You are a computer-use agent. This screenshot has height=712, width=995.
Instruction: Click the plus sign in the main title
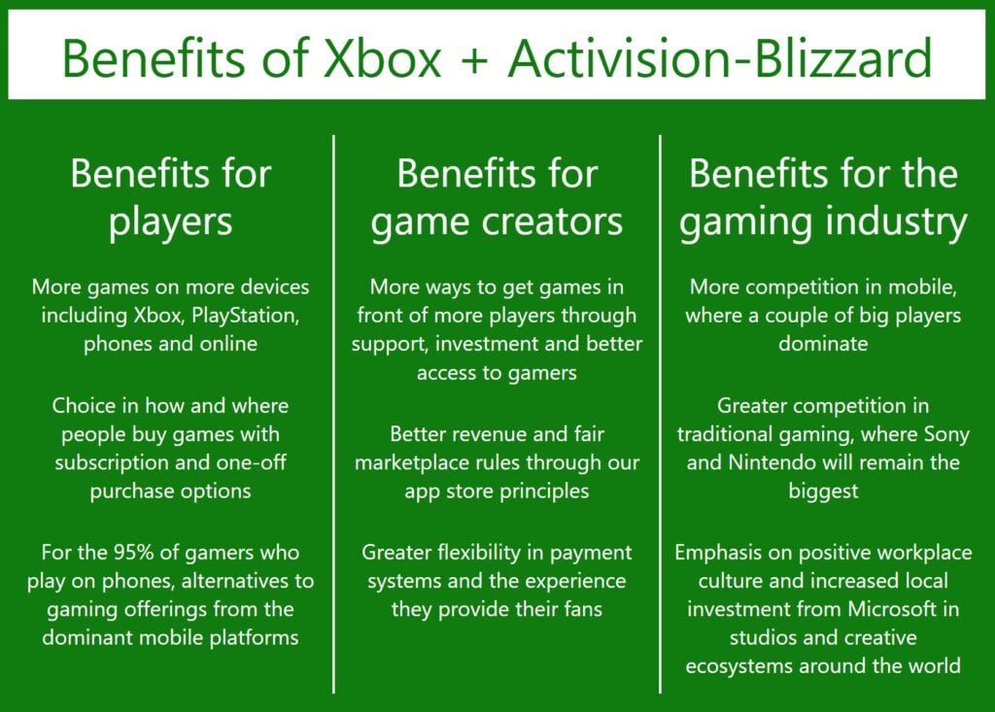476,60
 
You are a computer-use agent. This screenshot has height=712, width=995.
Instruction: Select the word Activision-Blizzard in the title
721,60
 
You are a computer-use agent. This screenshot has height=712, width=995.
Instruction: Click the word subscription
103,462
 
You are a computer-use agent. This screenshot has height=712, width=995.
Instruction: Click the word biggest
823,491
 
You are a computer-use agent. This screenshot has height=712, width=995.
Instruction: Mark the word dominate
823,344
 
